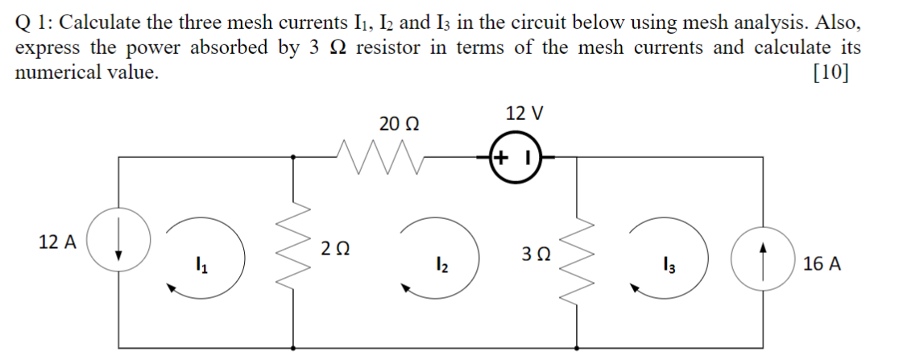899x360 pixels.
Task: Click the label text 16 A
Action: [822, 264]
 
